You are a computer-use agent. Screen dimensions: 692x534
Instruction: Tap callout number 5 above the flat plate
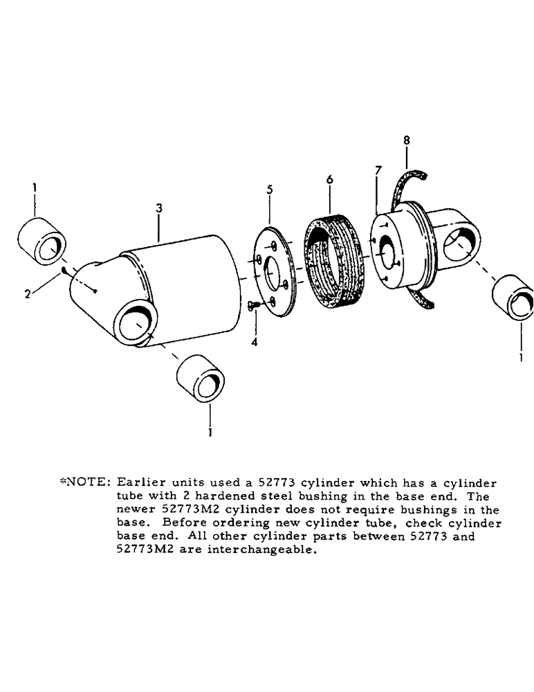tap(270, 188)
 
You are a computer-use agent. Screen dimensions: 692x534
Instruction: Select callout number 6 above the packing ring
tap(330, 179)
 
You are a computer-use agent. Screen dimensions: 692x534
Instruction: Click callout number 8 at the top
tap(407, 140)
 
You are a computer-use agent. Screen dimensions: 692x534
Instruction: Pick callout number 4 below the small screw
tap(255, 342)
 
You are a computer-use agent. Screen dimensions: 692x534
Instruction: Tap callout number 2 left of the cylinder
tap(28, 293)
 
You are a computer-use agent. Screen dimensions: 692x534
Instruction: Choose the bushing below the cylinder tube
tap(201, 379)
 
